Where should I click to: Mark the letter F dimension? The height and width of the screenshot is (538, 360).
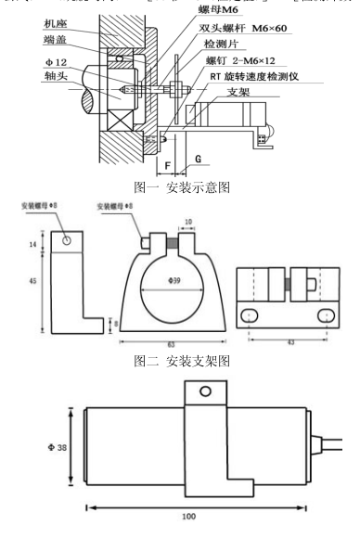(x=167, y=168)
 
